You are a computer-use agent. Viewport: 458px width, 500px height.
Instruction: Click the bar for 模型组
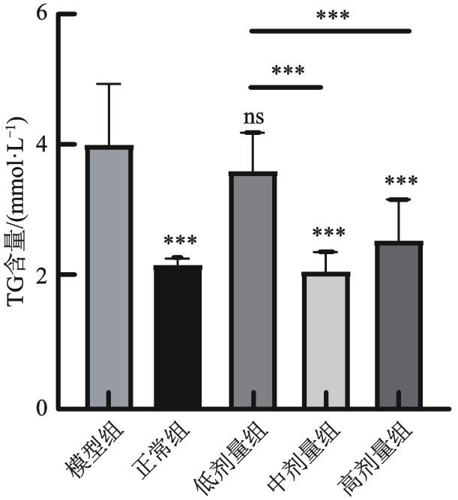tap(109, 277)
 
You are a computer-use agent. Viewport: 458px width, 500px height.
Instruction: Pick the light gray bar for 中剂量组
tap(325, 341)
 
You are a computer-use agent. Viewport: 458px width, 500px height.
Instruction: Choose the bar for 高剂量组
tap(398, 325)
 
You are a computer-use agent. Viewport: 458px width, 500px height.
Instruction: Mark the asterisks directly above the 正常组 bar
tap(180, 241)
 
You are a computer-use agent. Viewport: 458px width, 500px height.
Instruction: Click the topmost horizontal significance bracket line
tap(330, 31)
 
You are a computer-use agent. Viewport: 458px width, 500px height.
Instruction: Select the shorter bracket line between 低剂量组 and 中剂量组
tap(286, 87)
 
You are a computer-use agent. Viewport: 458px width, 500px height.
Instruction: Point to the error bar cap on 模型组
tap(109, 84)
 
